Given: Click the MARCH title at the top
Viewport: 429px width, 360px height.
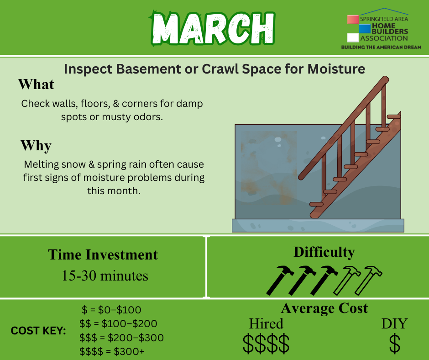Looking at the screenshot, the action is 212,28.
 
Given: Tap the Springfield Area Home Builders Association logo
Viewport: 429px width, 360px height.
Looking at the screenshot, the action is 381,29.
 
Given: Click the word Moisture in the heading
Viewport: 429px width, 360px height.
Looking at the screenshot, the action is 336,69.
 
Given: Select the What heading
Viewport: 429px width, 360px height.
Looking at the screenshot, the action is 36,84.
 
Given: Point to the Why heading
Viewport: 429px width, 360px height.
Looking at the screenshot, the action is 36,145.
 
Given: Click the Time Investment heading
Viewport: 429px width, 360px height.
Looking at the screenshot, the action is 103,254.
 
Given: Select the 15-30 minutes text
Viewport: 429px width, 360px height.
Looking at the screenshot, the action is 105,275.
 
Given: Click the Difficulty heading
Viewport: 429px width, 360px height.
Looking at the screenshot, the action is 324,252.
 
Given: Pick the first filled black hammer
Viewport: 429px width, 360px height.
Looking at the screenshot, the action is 280,280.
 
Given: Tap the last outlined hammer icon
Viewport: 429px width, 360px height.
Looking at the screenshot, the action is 368,280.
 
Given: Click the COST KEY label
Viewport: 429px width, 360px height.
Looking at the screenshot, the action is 38,331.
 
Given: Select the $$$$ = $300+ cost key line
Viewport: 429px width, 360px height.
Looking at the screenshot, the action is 112,351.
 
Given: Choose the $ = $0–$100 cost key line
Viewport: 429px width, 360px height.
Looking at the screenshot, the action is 111,310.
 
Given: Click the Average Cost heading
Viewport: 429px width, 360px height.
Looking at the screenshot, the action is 324,308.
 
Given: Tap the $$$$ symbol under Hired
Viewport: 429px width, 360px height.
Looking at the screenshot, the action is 266,343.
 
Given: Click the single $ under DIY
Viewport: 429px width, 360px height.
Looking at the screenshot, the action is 394,343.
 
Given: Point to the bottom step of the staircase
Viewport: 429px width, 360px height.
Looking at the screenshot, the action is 316,204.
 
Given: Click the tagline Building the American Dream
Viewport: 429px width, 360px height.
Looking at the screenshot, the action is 381,47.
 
